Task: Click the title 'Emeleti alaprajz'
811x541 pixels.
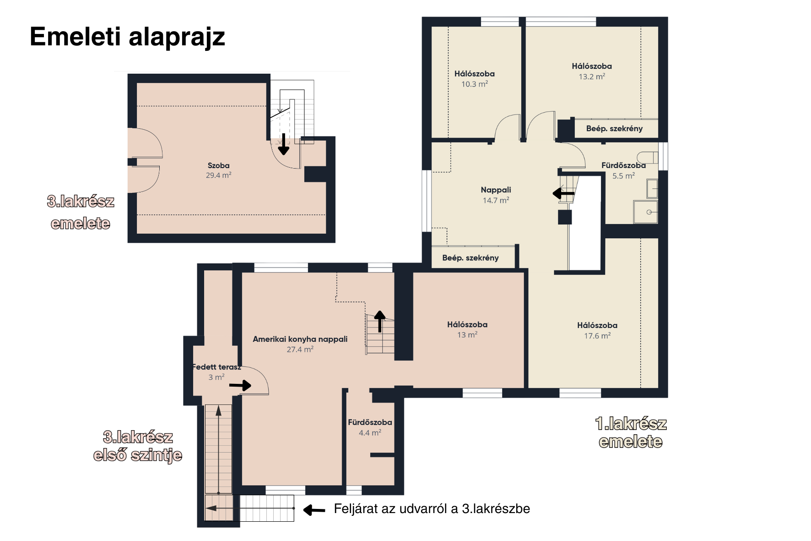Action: [x=127, y=37]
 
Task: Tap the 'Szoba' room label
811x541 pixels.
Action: [x=218, y=165]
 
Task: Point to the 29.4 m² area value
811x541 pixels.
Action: [x=218, y=175]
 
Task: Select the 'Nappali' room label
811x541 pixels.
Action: [x=496, y=190]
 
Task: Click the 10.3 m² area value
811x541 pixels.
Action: [x=475, y=84]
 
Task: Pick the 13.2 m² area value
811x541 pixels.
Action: [x=592, y=77]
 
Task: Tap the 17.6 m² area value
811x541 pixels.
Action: [x=597, y=336]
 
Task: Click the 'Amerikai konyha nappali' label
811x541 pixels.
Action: [x=300, y=339]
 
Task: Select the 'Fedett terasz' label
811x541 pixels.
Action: [x=216, y=367]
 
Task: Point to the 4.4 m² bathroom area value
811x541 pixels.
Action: [x=370, y=433]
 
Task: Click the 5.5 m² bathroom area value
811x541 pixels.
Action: [x=623, y=176]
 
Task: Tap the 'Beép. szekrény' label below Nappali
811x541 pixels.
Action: [x=470, y=258]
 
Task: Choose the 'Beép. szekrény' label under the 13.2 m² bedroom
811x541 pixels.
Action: [x=614, y=129]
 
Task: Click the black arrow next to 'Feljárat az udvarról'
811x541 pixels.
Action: [x=314, y=509]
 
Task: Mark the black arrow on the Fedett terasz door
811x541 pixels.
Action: [x=240, y=385]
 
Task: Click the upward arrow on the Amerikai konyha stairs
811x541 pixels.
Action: [x=380, y=321]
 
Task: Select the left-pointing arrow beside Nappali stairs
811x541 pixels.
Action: [x=563, y=193]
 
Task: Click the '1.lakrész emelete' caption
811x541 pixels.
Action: [x=631, y=432]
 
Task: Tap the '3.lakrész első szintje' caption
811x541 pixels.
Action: [x=138, y=446]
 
